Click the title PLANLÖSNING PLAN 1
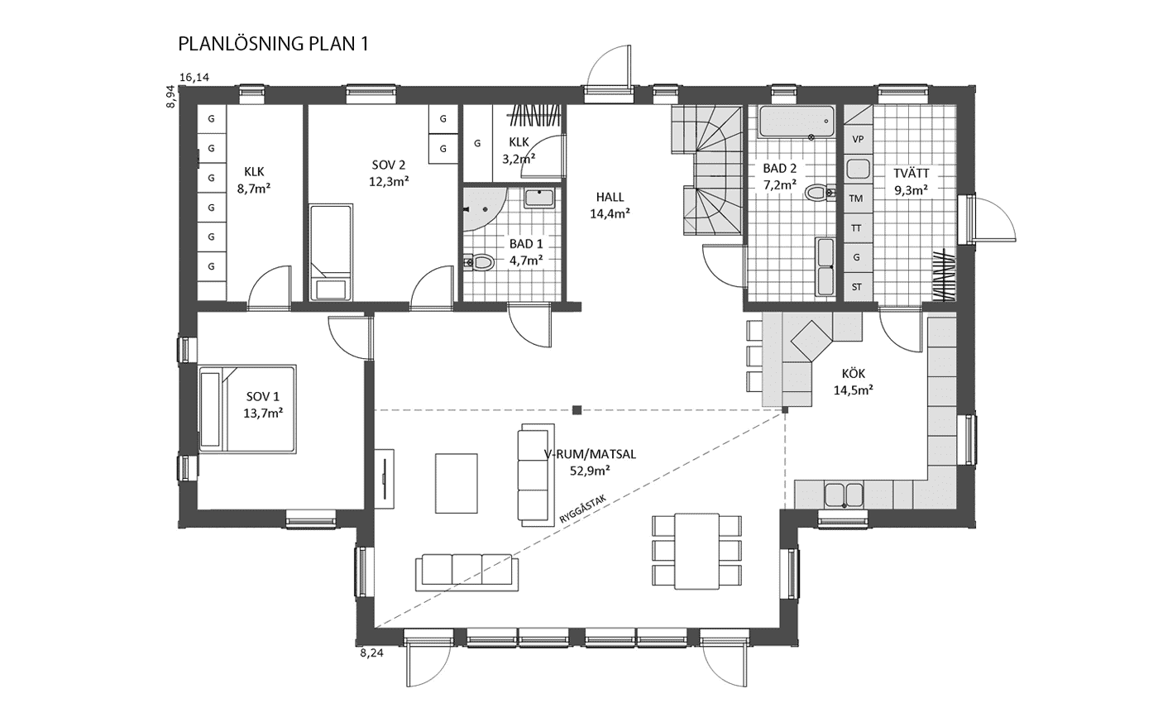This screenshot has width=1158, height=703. (x=274, y=44)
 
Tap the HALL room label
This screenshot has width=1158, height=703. (x=610, y=197)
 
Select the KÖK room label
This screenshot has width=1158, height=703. (x=853, y=373)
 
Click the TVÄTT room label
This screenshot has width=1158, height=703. (x=912, y=173)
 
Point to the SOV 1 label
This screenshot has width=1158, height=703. (x=263, y=396)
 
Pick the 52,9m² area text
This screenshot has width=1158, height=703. (x=590, y=471)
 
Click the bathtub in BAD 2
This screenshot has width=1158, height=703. (x=797, y=122)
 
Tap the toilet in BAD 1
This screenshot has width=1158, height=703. (x=479, y=262)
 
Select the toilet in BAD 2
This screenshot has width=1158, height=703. (x=820, y=192)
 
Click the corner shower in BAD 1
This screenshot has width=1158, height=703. (x=481, y=208)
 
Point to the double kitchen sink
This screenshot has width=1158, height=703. (x=844, y=495)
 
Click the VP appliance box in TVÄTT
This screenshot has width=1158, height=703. (x=859, y=139)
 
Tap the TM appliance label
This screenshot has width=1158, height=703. (x=856, y=198)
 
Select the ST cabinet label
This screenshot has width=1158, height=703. (x=857, y=287)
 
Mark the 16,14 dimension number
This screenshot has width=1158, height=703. (x=194, y=78)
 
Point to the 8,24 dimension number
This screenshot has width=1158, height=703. (x=371, y=653)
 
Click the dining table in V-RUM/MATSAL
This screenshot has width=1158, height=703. (x=696, y=551)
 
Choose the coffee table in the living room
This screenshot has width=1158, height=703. (x=456, y=483)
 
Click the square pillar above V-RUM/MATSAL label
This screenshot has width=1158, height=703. (x=577, y=410)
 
